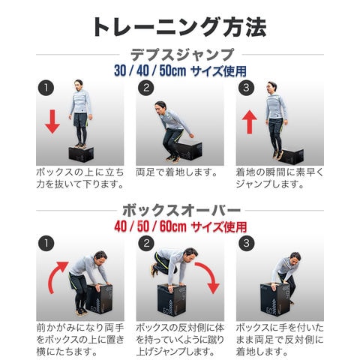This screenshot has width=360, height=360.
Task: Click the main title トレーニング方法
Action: coord(179,27)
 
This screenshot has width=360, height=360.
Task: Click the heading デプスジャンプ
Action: coord(182,55)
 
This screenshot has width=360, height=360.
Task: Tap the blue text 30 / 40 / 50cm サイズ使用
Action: coord(180,71)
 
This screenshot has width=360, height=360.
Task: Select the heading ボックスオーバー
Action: coord(181,211)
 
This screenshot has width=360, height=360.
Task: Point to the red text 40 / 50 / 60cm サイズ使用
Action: coord(181,226)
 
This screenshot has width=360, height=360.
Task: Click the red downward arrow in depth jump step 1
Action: coord(52,121)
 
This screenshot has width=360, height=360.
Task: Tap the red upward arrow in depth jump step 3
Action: coord(249,122)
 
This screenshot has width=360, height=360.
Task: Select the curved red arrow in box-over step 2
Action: coord(209,275)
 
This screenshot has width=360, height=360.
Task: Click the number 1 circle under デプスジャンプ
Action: coord(46,88)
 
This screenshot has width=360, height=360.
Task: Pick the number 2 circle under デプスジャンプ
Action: coord(146,88)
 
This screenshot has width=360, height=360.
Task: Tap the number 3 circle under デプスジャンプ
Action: coord(246,88)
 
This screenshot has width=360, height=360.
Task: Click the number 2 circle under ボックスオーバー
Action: coord(146,243)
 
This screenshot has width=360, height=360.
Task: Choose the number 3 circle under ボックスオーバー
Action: coord(246,243)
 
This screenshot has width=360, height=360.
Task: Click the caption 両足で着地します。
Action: coord(177,172)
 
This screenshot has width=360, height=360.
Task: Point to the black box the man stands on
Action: coord(81,154)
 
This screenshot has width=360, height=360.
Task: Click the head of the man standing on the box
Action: coord(79,85)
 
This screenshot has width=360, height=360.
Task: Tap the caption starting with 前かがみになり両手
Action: coord(80,340)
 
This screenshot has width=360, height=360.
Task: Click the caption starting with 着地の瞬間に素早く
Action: coord(280,178)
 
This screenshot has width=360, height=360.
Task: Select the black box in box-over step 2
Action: coord(172,300)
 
